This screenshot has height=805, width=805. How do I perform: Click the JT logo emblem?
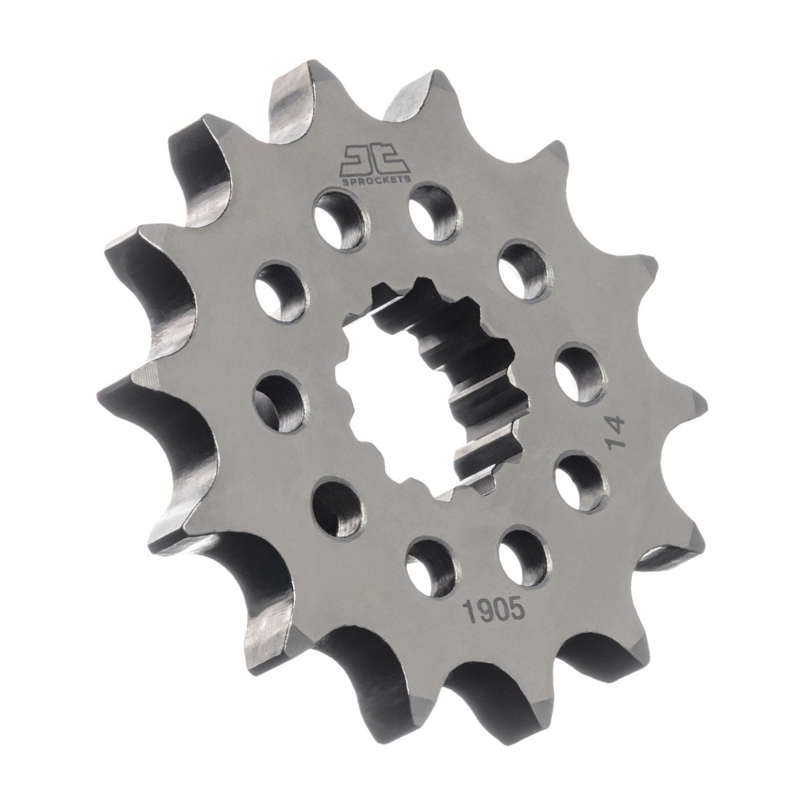[x=376, y=160]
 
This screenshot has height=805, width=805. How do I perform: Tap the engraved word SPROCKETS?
[x=376, y=178]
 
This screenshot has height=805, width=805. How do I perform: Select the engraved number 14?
[x=616, y=432]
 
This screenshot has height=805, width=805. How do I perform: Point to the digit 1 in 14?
[x=616, y=443]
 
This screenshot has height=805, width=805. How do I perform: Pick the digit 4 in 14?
[x=616, y=424]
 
